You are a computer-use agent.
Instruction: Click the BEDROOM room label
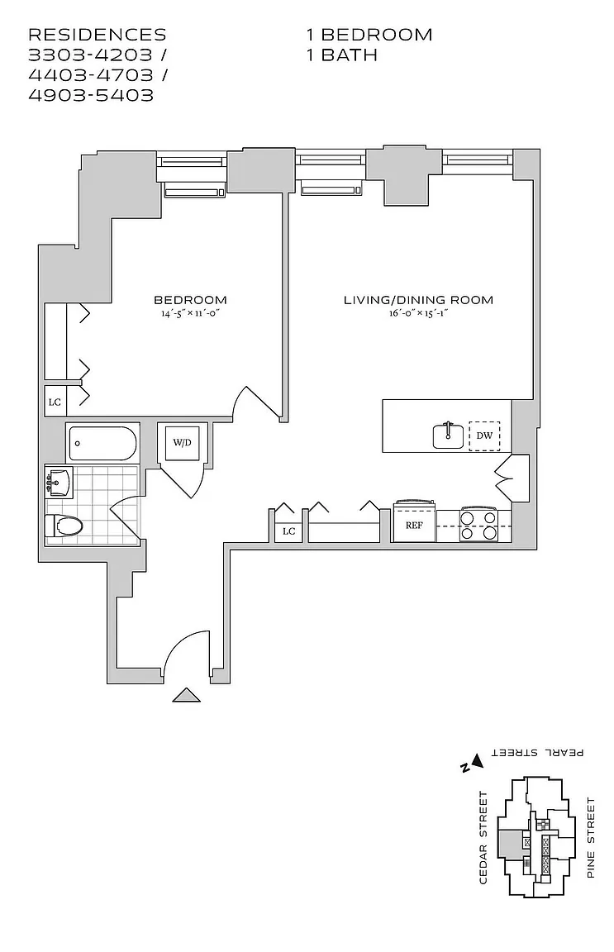(190, 299)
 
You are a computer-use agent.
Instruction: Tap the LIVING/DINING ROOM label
(418, 299)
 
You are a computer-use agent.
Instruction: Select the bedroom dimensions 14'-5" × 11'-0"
(190, 313)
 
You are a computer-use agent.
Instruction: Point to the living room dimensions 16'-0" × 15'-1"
(418, 313)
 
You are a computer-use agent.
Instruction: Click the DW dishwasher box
(485, 435)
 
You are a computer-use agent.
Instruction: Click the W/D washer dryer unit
(182, 443)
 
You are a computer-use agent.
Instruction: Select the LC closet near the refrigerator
(288, 531)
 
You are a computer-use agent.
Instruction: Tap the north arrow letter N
(466, 766)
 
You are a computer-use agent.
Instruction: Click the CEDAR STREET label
(484, 837)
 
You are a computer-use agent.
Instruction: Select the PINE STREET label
(590, 837)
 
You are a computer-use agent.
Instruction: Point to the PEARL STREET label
(538, 753)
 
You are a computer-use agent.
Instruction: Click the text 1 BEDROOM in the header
(369, 35)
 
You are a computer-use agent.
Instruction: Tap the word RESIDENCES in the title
(98, 35)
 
